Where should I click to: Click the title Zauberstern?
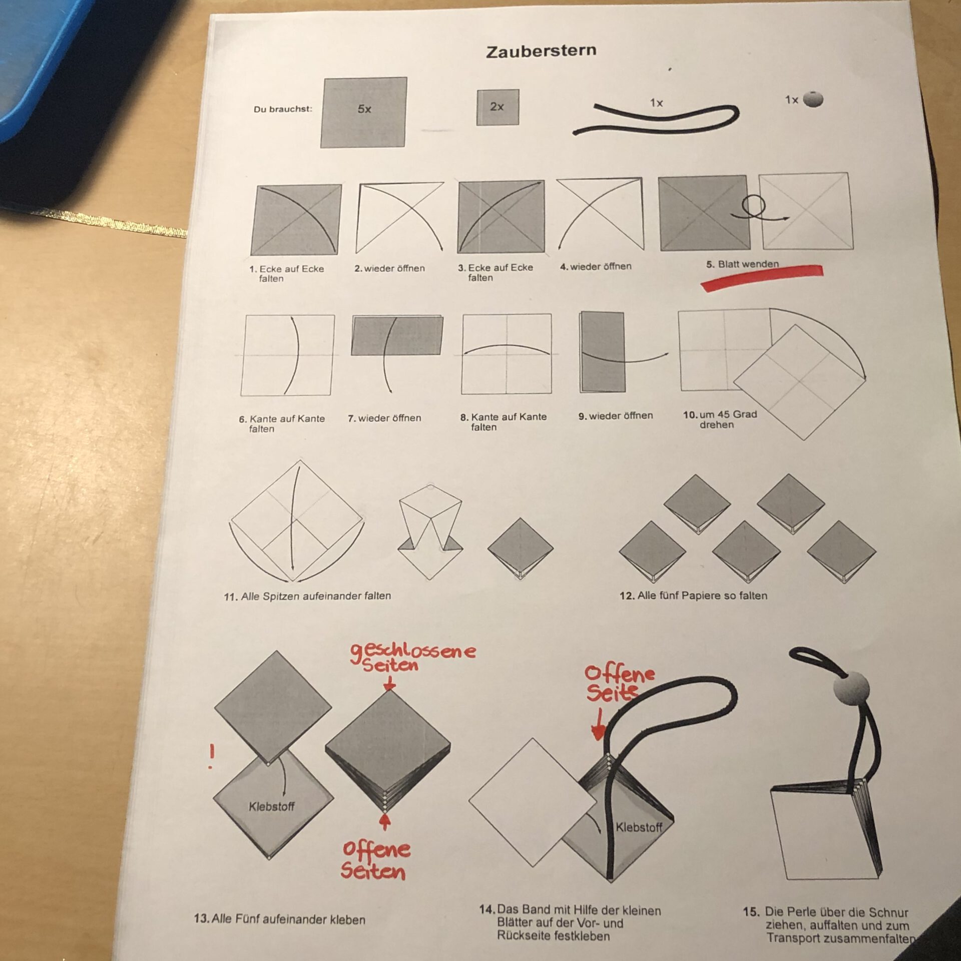tap(541, 51)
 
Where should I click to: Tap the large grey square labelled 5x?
tap(363, 112)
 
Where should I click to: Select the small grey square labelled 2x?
tap(498, 107)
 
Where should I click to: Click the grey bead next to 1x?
tap(813, 99)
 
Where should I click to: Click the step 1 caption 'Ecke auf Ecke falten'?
tap(287, 273)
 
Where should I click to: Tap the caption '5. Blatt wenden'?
tap(743, 264)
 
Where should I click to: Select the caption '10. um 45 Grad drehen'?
tap(720, 419)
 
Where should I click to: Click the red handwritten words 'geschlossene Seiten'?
tap(413, 657)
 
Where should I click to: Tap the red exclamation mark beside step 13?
tap(212, 756)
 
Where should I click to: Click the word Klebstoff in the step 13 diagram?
tap(271, 806)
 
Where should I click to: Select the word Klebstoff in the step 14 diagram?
tap(639, 827)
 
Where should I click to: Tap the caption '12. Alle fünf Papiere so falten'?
tap(693, 596)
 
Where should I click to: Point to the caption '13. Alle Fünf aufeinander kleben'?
tap(279, 919)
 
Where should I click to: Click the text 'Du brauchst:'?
tap(283, 109)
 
